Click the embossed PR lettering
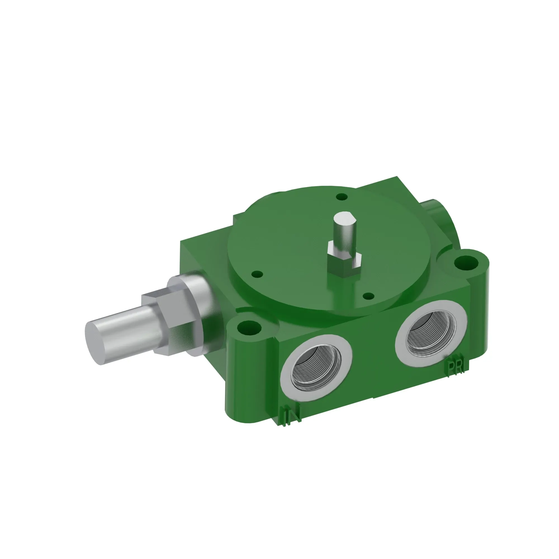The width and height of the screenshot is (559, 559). point(455,368)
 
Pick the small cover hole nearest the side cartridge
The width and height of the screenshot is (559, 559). point(257,273)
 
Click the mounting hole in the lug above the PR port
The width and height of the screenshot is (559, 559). point(466,263)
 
